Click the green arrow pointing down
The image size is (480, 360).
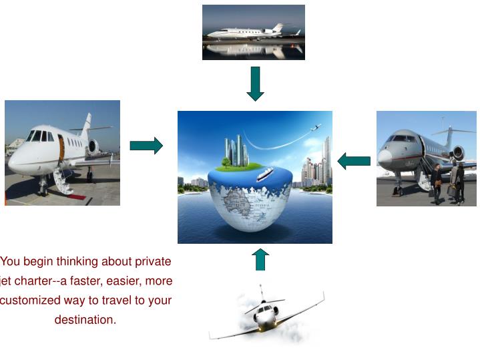point(255,84)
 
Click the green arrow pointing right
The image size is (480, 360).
point(146,146)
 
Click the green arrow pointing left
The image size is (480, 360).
point(354,161)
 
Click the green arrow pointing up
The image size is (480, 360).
point(260,259)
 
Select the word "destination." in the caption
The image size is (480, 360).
point(85,320)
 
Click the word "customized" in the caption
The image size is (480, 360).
point(31,301)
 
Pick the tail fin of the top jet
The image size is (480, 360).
point(276,27)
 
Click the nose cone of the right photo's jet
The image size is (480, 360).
point(384,158)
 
